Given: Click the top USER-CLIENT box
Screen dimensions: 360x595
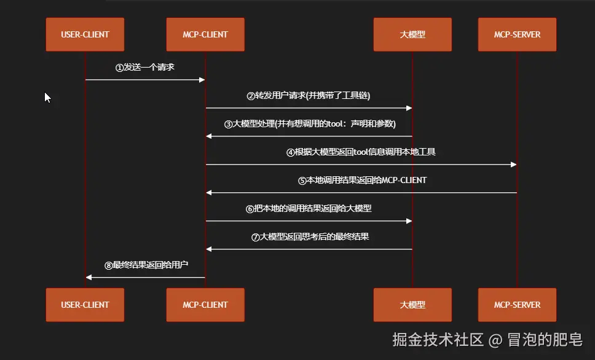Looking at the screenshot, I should click(x=85, y=34).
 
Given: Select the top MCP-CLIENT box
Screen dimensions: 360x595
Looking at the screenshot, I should click(x=205, y=34).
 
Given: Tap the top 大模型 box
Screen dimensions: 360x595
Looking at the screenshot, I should click(x=412, y=34).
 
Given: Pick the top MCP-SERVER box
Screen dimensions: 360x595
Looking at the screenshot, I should click(x=517, y=34).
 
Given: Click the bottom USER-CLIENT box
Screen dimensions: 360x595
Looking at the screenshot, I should click(x=85, y=305).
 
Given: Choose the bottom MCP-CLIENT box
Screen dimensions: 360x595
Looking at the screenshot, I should click(x=205, y=305).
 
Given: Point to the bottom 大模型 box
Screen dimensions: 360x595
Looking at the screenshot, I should click(x=412, y=305).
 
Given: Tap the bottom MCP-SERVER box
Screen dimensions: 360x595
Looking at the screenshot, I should click(x=517, y=305).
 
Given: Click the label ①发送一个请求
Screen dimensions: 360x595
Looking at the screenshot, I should click(x=145, y=67).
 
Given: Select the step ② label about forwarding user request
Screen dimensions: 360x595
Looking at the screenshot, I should click(x=309, y=95).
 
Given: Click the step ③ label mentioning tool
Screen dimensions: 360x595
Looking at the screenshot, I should click(x=310, y=123).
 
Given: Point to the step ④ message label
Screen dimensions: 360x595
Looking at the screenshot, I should click(x=361, y=152).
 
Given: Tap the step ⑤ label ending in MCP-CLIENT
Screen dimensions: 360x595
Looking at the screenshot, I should click(x=362, y=180).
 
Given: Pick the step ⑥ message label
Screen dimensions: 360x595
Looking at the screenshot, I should click(x=309, y=208).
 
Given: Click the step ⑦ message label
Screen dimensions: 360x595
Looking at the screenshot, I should click(x=310, y=237).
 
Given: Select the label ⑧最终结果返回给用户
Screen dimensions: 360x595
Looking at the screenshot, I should click(x=146, y=265).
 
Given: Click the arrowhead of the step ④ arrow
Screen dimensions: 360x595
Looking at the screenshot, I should click(x=514, y=165).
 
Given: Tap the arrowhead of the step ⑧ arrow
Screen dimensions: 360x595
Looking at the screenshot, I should click(x=89, y=278).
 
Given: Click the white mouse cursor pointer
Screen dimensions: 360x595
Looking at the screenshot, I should click(x=47, y=97).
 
